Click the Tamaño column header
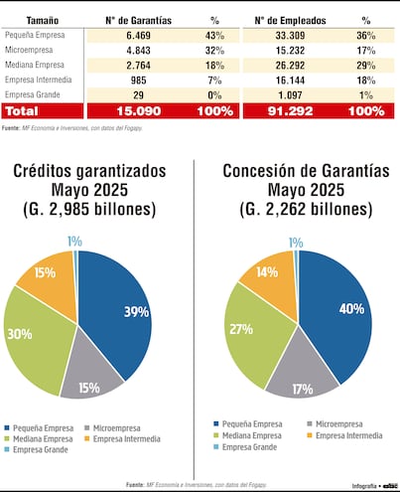tap(42, 20)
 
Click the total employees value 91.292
tap(287, 110)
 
